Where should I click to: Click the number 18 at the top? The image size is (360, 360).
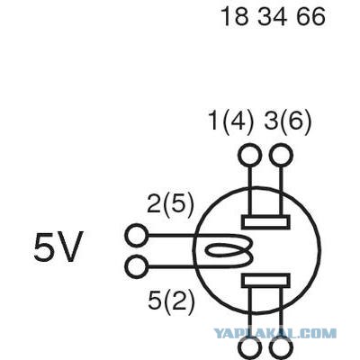pos(235,16)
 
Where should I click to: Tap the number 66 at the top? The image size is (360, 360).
pos(310,16)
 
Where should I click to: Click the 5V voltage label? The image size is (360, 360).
pos(58,247)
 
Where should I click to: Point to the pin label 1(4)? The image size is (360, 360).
pos(230,122)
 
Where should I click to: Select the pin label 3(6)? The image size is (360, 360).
pos(287,122)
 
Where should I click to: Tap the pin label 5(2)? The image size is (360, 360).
pos(171,301)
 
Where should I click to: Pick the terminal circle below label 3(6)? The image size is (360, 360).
pos(281,155)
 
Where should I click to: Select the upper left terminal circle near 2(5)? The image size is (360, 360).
pos(137,236)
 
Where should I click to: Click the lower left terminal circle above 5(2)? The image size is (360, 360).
pos(137,266)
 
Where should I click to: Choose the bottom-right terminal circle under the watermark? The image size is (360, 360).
pos(281,349)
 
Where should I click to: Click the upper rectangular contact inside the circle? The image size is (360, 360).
pos(265,222)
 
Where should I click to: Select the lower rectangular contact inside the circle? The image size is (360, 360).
pos(265,281)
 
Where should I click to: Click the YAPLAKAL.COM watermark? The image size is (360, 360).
pos(274,333)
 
